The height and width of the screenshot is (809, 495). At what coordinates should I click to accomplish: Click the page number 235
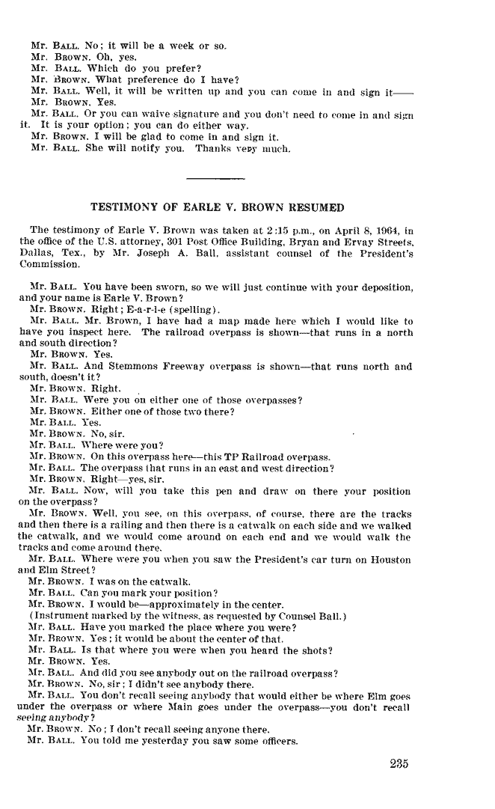(401, 764)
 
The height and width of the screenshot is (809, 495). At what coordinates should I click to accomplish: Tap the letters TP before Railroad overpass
(213, 457)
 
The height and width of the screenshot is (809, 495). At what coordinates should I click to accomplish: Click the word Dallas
(36, 253)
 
